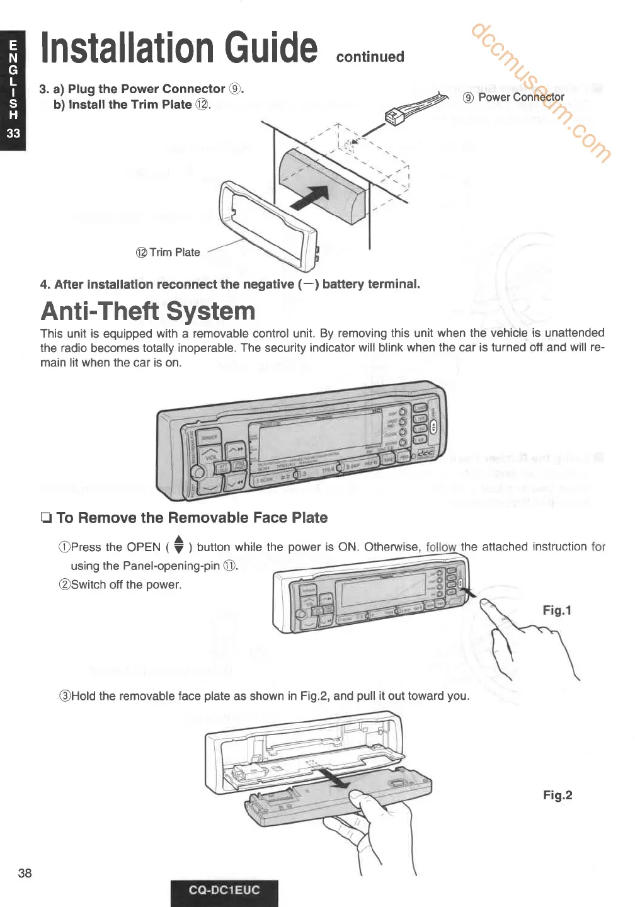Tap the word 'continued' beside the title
click(370, 57)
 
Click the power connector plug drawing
click(394, 117)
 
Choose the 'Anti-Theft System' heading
click(148, 311)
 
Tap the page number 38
click(25, 873)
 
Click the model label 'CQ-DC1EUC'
click(224, 890)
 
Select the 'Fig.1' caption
click(557, 610)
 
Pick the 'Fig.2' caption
click(558, 796)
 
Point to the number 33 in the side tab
click(13, 133)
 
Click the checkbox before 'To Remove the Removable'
click(46, 518)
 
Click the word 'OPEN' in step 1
click(144, 547)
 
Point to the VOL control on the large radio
click(210, 458)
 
